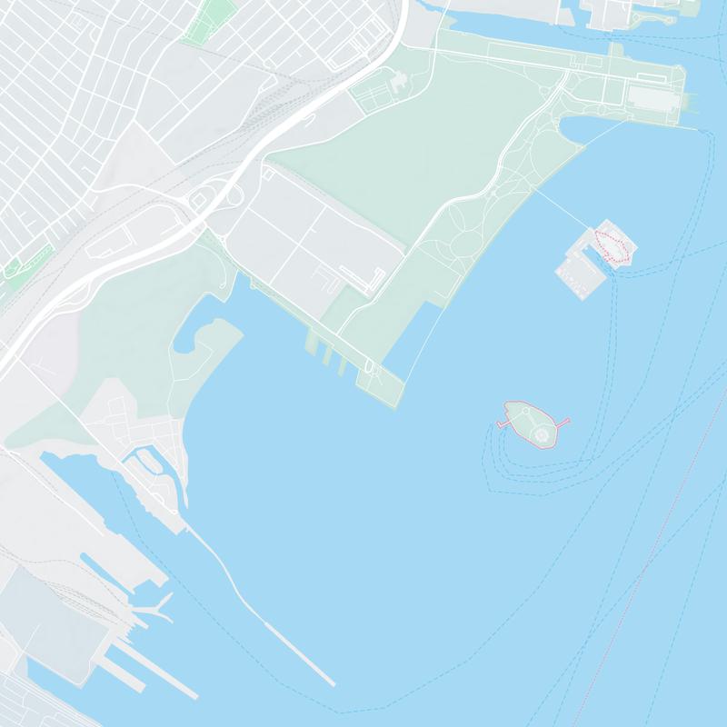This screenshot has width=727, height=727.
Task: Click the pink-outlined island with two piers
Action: click(x=531, y=422)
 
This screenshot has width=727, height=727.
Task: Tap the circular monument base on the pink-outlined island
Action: click(x=543, y=435)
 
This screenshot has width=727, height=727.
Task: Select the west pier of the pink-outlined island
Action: click(x=503, y=423)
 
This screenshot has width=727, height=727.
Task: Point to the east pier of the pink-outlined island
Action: click(x=561, y=422)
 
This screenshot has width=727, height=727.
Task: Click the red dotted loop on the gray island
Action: click(x=611, y=245)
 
